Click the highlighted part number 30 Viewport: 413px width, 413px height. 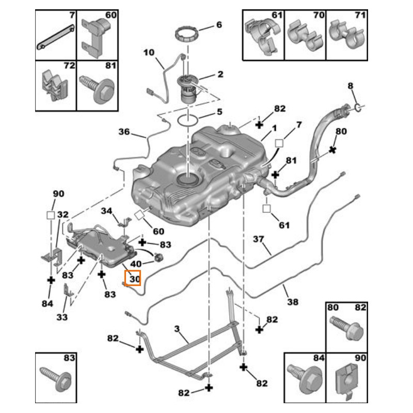click(135, 279)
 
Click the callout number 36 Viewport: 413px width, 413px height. click(124, 132)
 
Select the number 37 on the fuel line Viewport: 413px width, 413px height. click(258, 239)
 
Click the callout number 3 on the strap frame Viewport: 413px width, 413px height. click(176, 329)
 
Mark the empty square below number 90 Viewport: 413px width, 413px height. click(51, 215)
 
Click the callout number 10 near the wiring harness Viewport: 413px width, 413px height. click(149, 53)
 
